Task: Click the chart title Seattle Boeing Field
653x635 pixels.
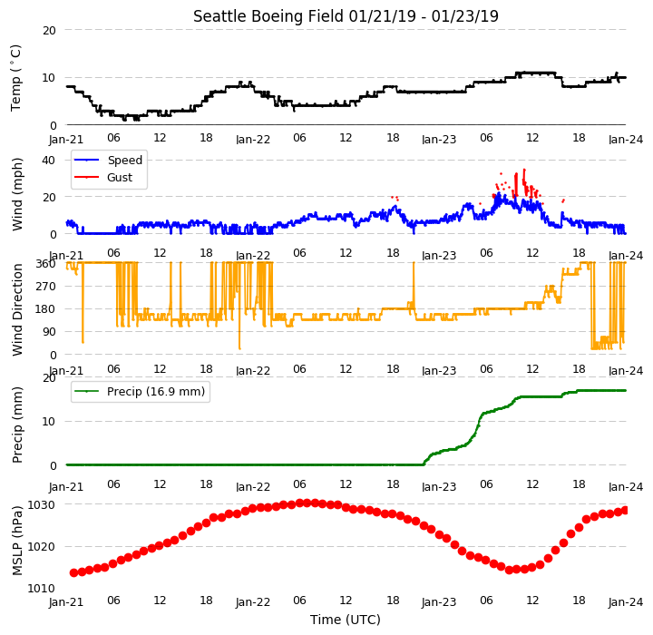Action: (x=270, y=16)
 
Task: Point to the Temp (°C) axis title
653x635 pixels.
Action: (x=15, y=78)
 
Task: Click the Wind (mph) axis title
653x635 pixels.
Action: (x=17, y=194)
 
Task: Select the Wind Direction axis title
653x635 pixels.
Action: (x=17, y=309)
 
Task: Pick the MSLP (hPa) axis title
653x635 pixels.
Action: (x=17, y=541)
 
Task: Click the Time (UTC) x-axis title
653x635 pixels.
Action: (x=346, y=620)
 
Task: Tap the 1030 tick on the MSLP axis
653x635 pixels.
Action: (x=41, y=505)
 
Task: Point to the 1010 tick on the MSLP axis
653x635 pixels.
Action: (x=41, y=589)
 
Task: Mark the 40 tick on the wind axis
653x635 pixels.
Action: (x=49, y=160)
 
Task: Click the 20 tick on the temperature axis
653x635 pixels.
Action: (x=49, y=31)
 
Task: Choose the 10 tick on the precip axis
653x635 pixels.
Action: (x=49, y=422)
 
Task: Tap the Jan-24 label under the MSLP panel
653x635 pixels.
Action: (x=626, y=602)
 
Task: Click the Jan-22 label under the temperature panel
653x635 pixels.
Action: (x=253, y=139)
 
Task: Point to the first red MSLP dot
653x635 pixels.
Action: (x=73, y=573)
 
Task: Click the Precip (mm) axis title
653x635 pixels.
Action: (x=17, y=425)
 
